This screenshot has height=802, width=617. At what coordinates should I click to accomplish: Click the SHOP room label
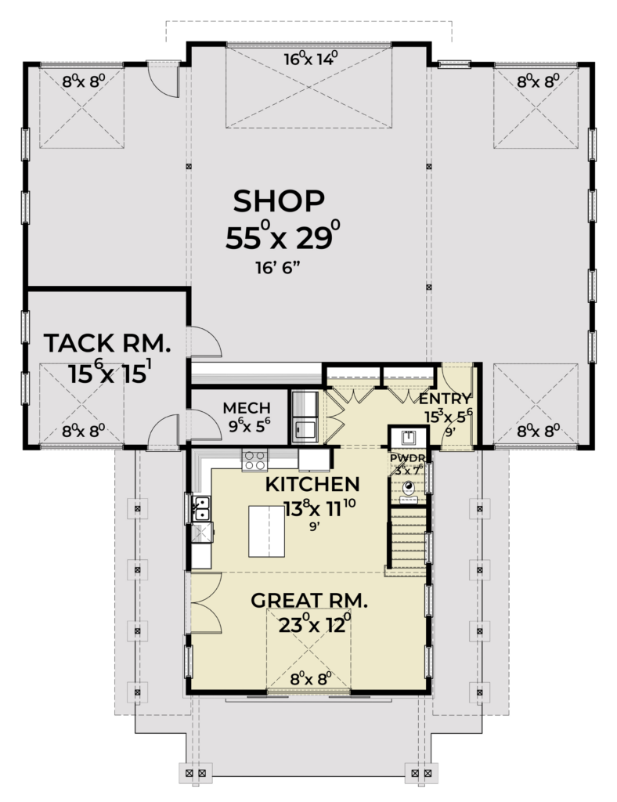tap(279, 201)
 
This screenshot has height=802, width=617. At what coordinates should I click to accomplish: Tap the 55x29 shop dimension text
tap(283, 236)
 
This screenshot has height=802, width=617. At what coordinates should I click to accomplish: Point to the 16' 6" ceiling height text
tap(278, 268)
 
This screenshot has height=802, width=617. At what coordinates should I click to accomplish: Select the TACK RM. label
tap(106, 343)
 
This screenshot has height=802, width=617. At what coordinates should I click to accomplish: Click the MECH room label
tap(247, 407)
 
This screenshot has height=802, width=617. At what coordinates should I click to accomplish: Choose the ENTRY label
tap(445, 399)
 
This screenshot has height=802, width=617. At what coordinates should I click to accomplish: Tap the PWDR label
tap(407, 457)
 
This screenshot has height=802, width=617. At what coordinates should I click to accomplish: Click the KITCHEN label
tap(312, 484)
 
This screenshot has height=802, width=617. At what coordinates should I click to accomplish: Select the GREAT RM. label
tap(309, 600)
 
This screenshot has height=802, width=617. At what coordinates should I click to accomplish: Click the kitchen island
tap(266, 531)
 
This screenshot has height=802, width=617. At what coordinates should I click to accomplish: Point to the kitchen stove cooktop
tap(254, 460)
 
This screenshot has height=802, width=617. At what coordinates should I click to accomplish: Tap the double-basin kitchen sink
tap(202, 508)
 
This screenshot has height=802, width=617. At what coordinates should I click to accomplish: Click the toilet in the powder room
tap(409, 490)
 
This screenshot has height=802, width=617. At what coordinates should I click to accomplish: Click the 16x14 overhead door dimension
tap(312, 59)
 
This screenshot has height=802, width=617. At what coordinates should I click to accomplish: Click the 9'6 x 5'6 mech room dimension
tap(249, 424)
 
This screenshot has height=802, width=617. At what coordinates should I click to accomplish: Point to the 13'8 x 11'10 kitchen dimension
tap(319, 508)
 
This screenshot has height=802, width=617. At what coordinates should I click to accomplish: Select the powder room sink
tap(408, 438)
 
